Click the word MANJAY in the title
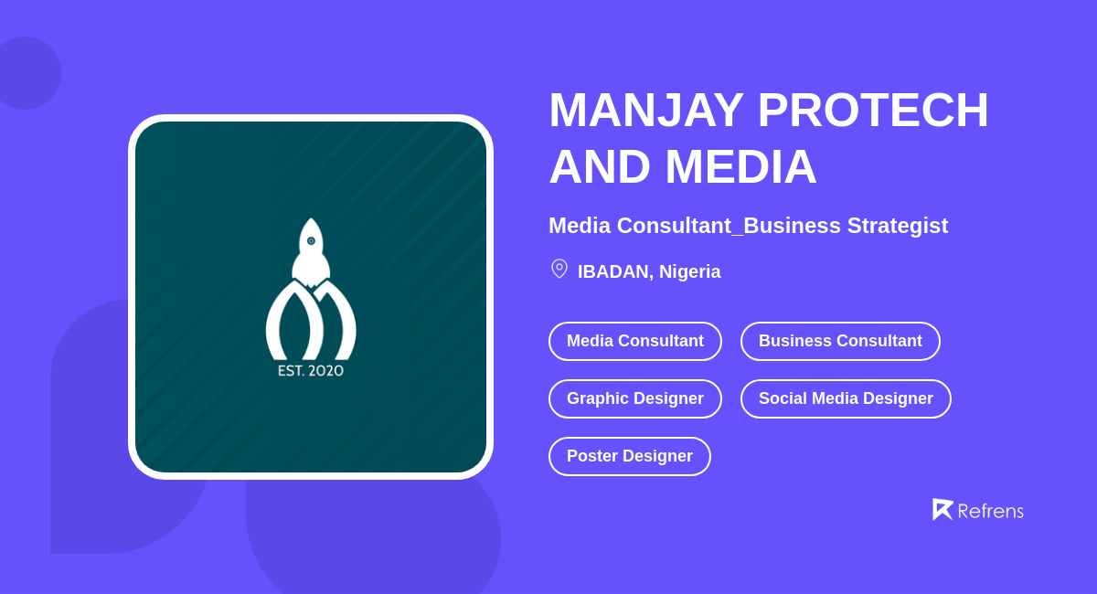pos(645,110)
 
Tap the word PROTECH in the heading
pos(872,110)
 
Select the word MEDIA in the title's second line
pos(740,167)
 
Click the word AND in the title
pos(600,167)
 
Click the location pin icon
pos(559,269)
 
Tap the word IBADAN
pos(612,271)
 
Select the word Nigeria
pos(689,271)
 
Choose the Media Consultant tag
pos(634,341)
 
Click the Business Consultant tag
pos(840,341)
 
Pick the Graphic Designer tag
pos(634,398)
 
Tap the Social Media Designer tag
pos(846,398)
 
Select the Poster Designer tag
pos(629,456)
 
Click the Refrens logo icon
pos(942,509)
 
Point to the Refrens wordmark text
pos(990,511)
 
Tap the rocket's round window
pos(311,241)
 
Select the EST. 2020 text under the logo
pos(311,371)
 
